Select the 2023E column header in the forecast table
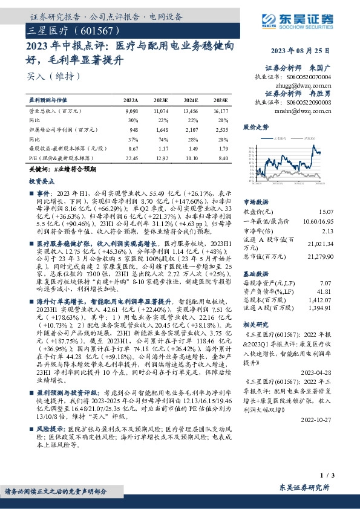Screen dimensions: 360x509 (161, 100)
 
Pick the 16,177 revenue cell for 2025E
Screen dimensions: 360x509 (220, 112)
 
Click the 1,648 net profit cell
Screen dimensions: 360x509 (160, 129)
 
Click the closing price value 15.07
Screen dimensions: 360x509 (326, 211)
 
